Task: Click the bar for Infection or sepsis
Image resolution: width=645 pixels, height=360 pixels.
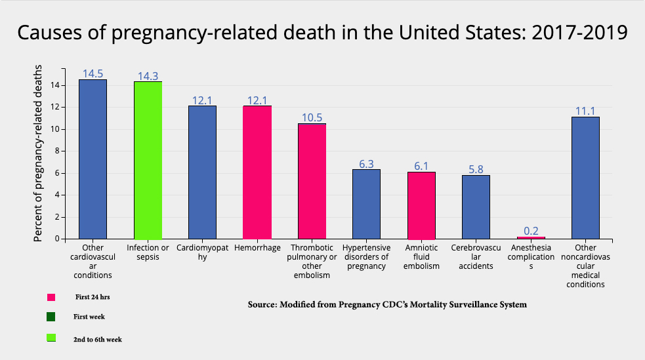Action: click(148, 160)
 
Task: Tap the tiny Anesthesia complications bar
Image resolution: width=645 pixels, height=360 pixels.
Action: click(531, 237)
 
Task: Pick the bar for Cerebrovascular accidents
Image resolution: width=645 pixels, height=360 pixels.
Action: click(476, 207)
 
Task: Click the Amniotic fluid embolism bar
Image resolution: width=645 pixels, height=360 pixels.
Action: click(421, 205)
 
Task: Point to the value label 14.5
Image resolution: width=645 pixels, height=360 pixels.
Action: click(93, 73)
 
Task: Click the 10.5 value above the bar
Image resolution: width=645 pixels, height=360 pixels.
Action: click(312, 117)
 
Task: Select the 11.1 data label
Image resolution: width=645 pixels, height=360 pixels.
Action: click(585, 111)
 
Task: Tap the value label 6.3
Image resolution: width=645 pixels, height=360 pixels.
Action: click(366, 163)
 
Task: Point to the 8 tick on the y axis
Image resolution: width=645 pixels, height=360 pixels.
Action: click(57, 151)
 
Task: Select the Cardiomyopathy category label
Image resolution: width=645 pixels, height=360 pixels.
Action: click(202, 252)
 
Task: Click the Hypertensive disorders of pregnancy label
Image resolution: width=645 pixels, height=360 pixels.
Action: click(366, 257)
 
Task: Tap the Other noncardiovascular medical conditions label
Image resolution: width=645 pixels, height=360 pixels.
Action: click(585, 266)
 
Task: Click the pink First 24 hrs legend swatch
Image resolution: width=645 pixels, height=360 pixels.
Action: click(51, 298)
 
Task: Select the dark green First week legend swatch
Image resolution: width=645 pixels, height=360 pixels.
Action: click(51, 317)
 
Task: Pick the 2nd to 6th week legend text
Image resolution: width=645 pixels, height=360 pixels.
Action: click(97, 339)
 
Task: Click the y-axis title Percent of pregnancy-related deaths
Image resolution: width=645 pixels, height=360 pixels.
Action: click(39, 153)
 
